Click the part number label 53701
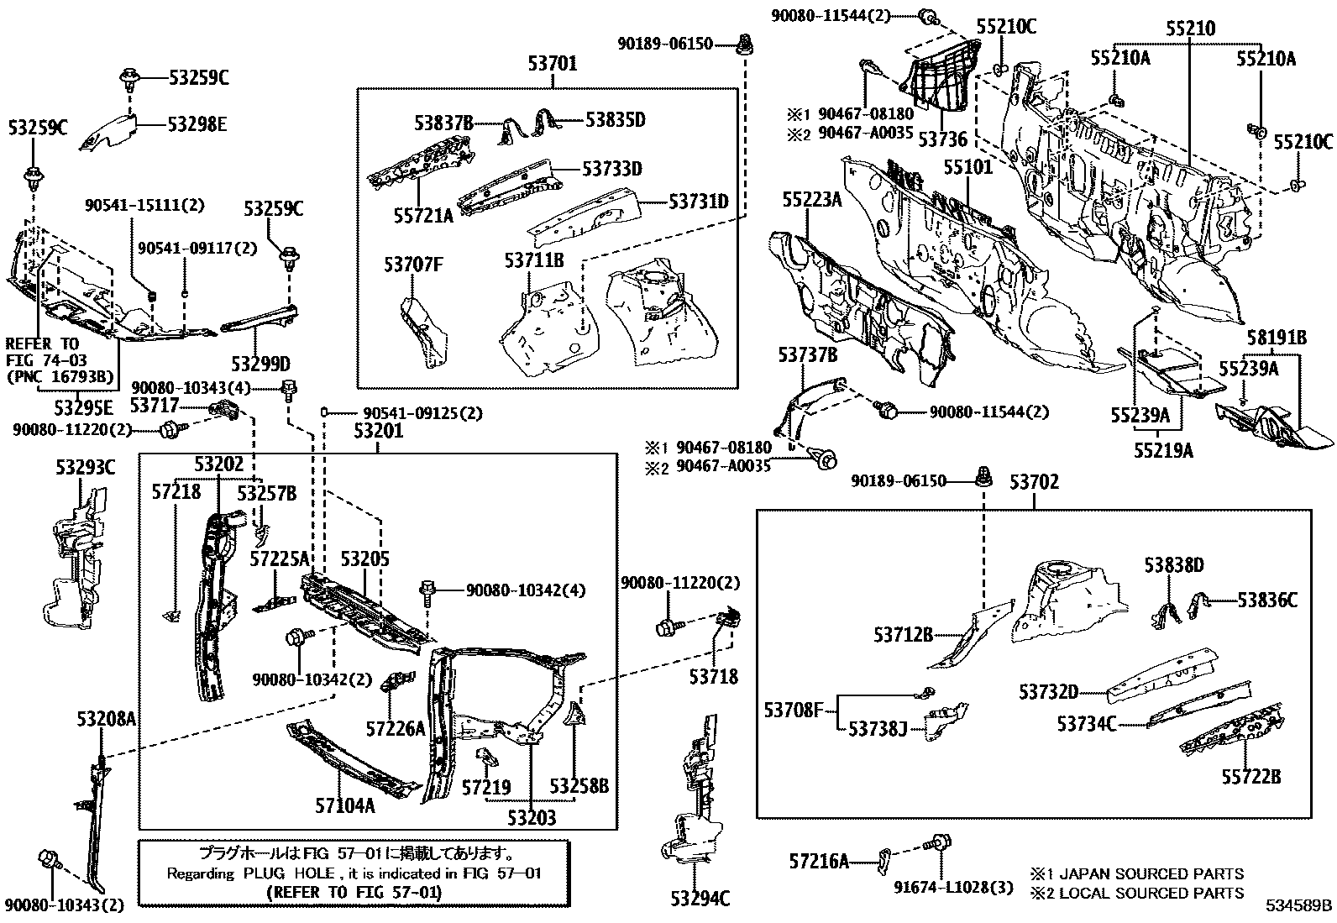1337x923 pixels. coord(552,63)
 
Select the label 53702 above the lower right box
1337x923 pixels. coord(1034,482)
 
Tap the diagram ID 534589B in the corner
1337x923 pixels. coord(1299,907)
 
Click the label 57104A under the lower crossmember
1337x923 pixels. coord(344,805)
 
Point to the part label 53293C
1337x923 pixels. coord(85,468)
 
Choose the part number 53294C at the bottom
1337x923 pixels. coord(699,899)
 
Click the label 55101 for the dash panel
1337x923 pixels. coord(967,167)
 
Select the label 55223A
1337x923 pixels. coord(811,199)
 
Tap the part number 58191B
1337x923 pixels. coord(1276,338)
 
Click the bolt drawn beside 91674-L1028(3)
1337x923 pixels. coord(939,841)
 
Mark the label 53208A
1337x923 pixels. coord(104,719)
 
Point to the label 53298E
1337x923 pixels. coord(197,124)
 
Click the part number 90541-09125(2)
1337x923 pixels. coord(422,413)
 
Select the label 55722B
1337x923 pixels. coord(1250,778)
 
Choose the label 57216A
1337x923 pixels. coord(819,861)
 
